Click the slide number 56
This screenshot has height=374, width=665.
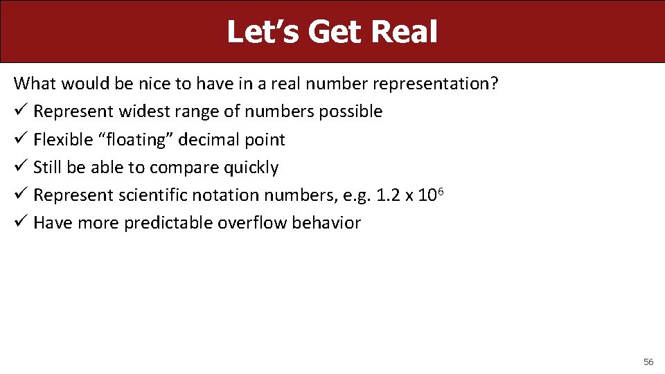(x=648, y=362)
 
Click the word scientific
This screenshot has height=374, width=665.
(x=152, y=195)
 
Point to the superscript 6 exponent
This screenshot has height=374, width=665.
(x=441, y=190)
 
